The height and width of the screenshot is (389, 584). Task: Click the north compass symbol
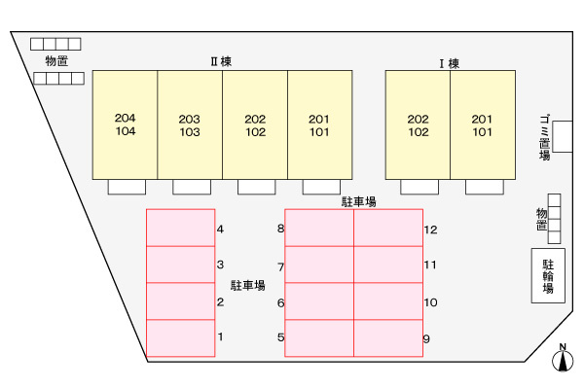click(x=562, y=360)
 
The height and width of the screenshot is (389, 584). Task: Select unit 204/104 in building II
click(x=125, y=124)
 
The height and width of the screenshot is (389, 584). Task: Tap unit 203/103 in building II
click(x=190, y=124)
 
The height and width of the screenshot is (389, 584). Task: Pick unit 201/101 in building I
click(x=482, y=124)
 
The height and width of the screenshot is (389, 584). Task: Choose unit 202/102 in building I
click(x=418, y=124)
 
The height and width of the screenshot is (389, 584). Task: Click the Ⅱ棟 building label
click(x=221, y=60)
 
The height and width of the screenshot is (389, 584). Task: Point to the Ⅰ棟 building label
click(x=449, y=64)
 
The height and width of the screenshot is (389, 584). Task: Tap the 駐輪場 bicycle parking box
click(x=548, y=275)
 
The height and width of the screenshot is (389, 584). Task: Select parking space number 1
click(x=180, y=337)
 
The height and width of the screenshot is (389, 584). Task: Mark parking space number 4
click(x=180, y=229)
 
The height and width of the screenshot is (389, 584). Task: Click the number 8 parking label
click(x=280, y=230)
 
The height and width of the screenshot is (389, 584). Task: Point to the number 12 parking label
click(x=431, y=230)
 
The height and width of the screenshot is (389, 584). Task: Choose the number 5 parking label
click(x=280, y=338)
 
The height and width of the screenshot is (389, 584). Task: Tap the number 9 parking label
click(x=427, y=338)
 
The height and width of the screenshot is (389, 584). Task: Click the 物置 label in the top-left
click(x=55, y=60)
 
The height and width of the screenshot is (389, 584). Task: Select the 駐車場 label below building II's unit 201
click(x=358, y=201)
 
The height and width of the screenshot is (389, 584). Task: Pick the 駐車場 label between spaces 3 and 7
click(x=247, y=286)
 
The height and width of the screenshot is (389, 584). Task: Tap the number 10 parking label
click(x=431, y=302)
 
